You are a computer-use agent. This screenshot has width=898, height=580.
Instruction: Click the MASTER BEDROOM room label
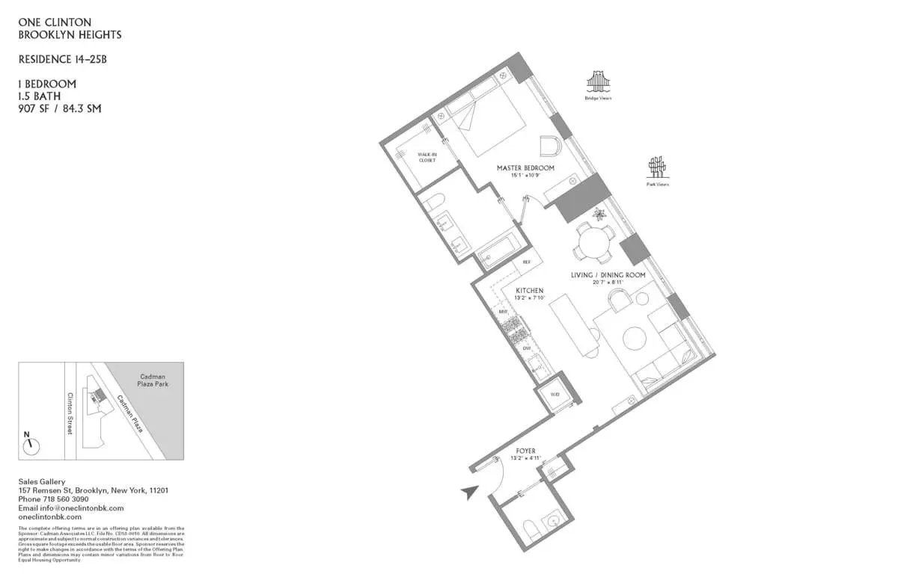[525, 168]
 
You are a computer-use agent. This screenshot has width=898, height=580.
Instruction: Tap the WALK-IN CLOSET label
[427, 157]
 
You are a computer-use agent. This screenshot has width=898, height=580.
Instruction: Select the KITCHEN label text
[529, 290]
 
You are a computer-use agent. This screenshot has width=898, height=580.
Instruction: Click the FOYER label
[525, 451]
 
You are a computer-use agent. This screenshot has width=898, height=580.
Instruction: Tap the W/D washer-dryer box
[555, 394]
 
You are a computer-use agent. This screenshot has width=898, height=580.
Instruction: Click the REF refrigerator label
[526, 262]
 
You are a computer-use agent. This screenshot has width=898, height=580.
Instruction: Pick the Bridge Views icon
[598, 81]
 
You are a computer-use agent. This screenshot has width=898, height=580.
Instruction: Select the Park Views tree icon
[657, 167]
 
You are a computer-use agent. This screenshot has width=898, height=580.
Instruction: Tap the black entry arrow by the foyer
[469, 492]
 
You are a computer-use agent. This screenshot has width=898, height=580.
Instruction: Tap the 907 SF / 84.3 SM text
[59, 108]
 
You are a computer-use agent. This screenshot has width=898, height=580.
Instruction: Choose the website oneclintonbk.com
[49, 516]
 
